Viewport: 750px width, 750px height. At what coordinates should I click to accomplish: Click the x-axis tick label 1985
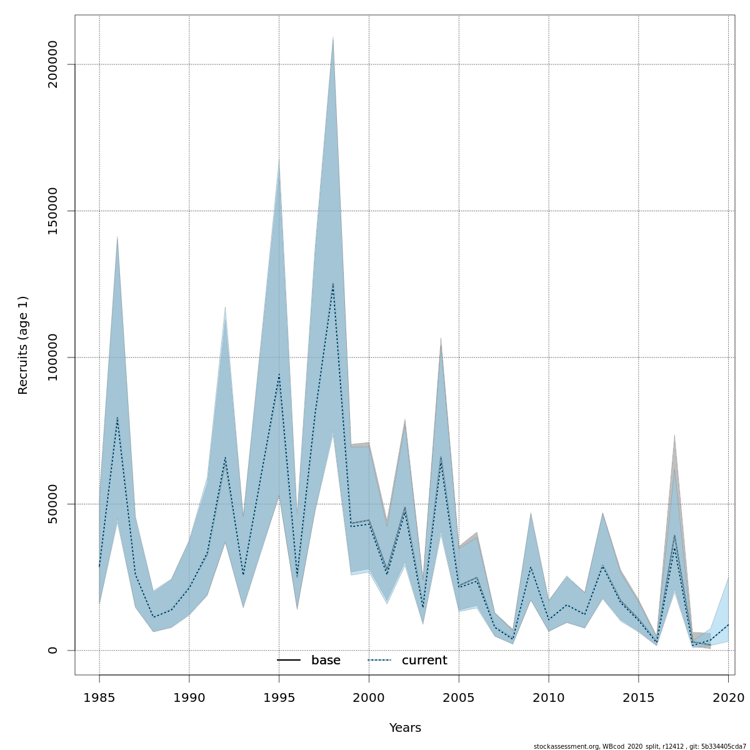(99, 697)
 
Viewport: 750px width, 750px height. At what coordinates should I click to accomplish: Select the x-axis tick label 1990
(189, 697)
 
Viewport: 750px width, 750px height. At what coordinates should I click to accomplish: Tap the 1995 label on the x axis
(279, 697)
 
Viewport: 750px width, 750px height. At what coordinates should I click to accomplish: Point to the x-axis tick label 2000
(369, 697)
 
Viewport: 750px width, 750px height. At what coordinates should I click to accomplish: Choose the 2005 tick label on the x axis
(459, 697)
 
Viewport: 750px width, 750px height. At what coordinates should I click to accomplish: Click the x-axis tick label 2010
(549, 697)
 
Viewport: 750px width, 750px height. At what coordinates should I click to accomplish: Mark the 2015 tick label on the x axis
(639, 697)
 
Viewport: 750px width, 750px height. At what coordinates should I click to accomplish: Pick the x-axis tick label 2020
(728, 697)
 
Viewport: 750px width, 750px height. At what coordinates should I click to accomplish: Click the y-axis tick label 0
(53, 650)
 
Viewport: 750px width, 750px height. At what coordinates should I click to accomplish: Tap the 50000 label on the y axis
(53, 504)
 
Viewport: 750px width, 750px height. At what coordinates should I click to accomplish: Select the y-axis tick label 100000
(53, 357)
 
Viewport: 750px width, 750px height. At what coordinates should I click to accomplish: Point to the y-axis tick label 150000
(53, 211)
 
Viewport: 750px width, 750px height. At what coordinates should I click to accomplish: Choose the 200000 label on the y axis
(53, 64)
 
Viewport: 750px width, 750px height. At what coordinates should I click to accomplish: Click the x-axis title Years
(405, 728)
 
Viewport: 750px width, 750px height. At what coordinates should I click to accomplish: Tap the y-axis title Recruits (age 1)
(23, 345)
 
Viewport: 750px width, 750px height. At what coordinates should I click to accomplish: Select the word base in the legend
(326, 661)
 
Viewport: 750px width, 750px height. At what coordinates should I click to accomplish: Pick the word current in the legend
(424, 661)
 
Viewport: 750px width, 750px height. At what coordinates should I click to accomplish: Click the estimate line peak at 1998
(333, 284)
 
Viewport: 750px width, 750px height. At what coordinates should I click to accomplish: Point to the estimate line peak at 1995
(279, 375)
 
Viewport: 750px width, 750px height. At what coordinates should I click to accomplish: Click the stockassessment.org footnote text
(639, 746)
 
